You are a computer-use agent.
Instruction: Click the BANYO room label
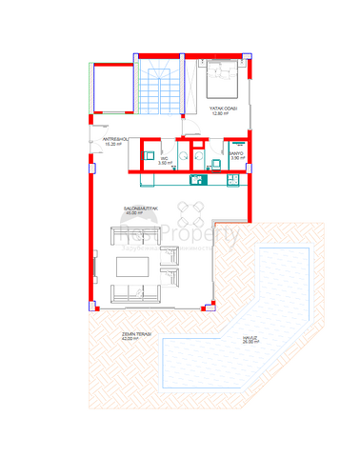pyautogui.click(x=237, y=154)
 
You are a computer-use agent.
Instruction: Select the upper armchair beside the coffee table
pyautogui.click(x=171, y=254)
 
